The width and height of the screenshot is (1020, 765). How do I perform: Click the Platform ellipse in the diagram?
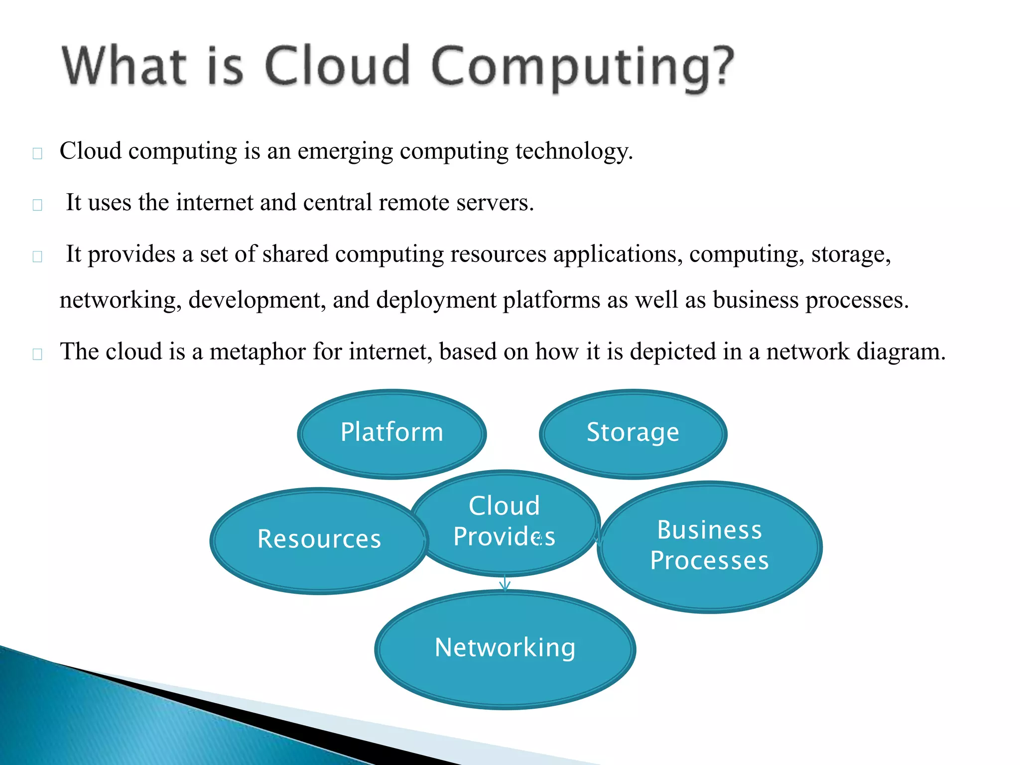[391, 433]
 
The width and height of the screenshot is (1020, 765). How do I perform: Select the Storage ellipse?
[633, 433]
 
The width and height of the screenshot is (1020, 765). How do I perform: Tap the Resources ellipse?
[319, 540]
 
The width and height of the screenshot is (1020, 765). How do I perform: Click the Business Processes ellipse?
[709, 546]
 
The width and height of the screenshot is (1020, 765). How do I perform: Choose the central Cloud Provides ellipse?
[504, 521]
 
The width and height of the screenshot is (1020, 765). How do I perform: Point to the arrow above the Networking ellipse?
[505, 583]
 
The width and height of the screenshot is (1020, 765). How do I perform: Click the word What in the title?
[125, 66]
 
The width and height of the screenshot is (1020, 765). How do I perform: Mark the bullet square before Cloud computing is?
[37, 153]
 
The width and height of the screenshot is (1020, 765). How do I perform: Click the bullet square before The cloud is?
[37, 354]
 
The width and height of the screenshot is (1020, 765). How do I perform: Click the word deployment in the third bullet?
[436, 300]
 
